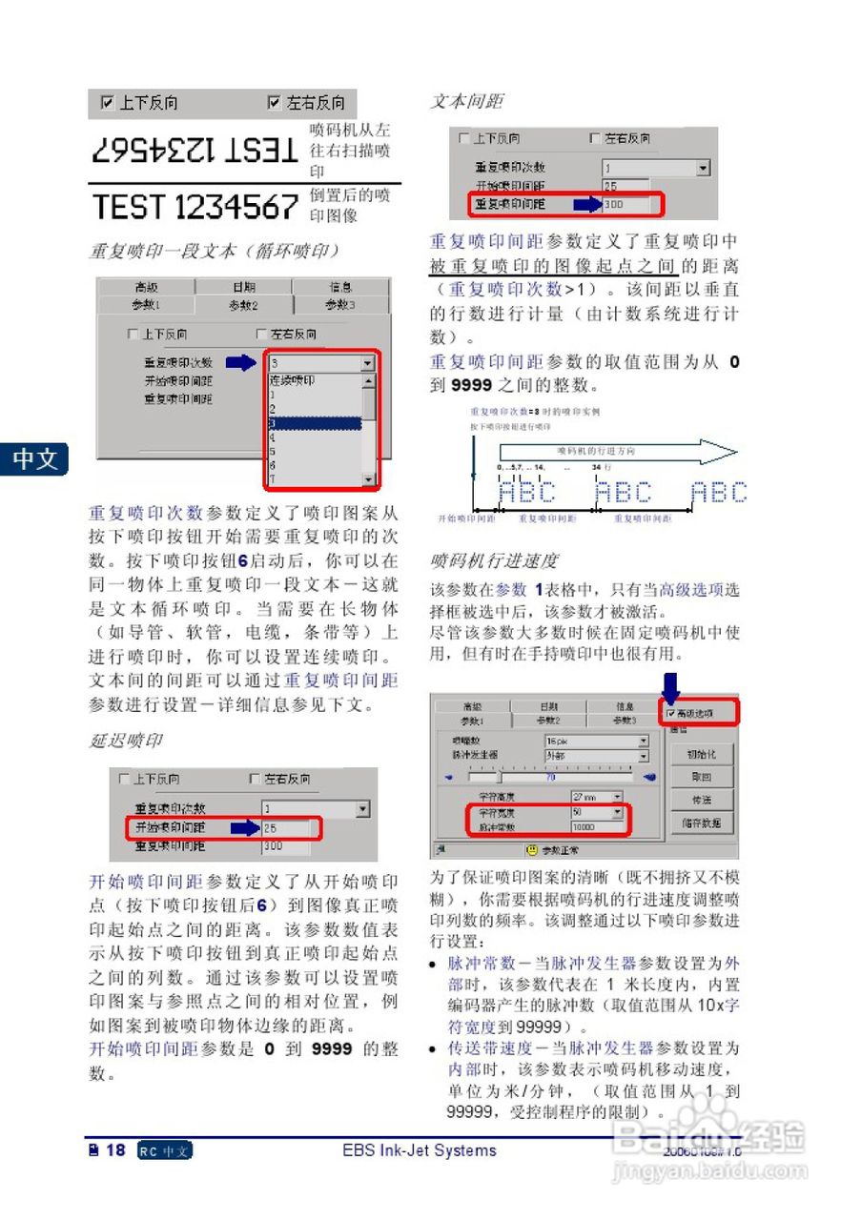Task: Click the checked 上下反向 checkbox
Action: (x=108, y=103)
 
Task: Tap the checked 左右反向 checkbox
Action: (x=275, y=103)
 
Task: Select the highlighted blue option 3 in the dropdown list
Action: (x=314, y=422)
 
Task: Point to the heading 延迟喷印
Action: (x=126, y=741)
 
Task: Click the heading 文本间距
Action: (x=466, y=101)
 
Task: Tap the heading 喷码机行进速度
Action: (x=494, y=560)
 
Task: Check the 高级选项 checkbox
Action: (x=671, y=713)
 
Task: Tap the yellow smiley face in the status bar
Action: (x=532, y=850)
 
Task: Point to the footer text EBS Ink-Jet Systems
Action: (x=420, y=1150)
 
